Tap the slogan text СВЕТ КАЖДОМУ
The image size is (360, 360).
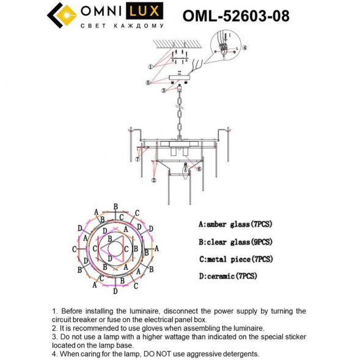(x=122, y=26)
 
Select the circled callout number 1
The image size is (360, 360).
(x=150, y=66)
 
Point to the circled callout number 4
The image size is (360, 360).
(x=244, y=47)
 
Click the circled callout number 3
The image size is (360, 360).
(x=164, y=90)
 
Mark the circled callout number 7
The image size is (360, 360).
(x=138, y=160)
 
